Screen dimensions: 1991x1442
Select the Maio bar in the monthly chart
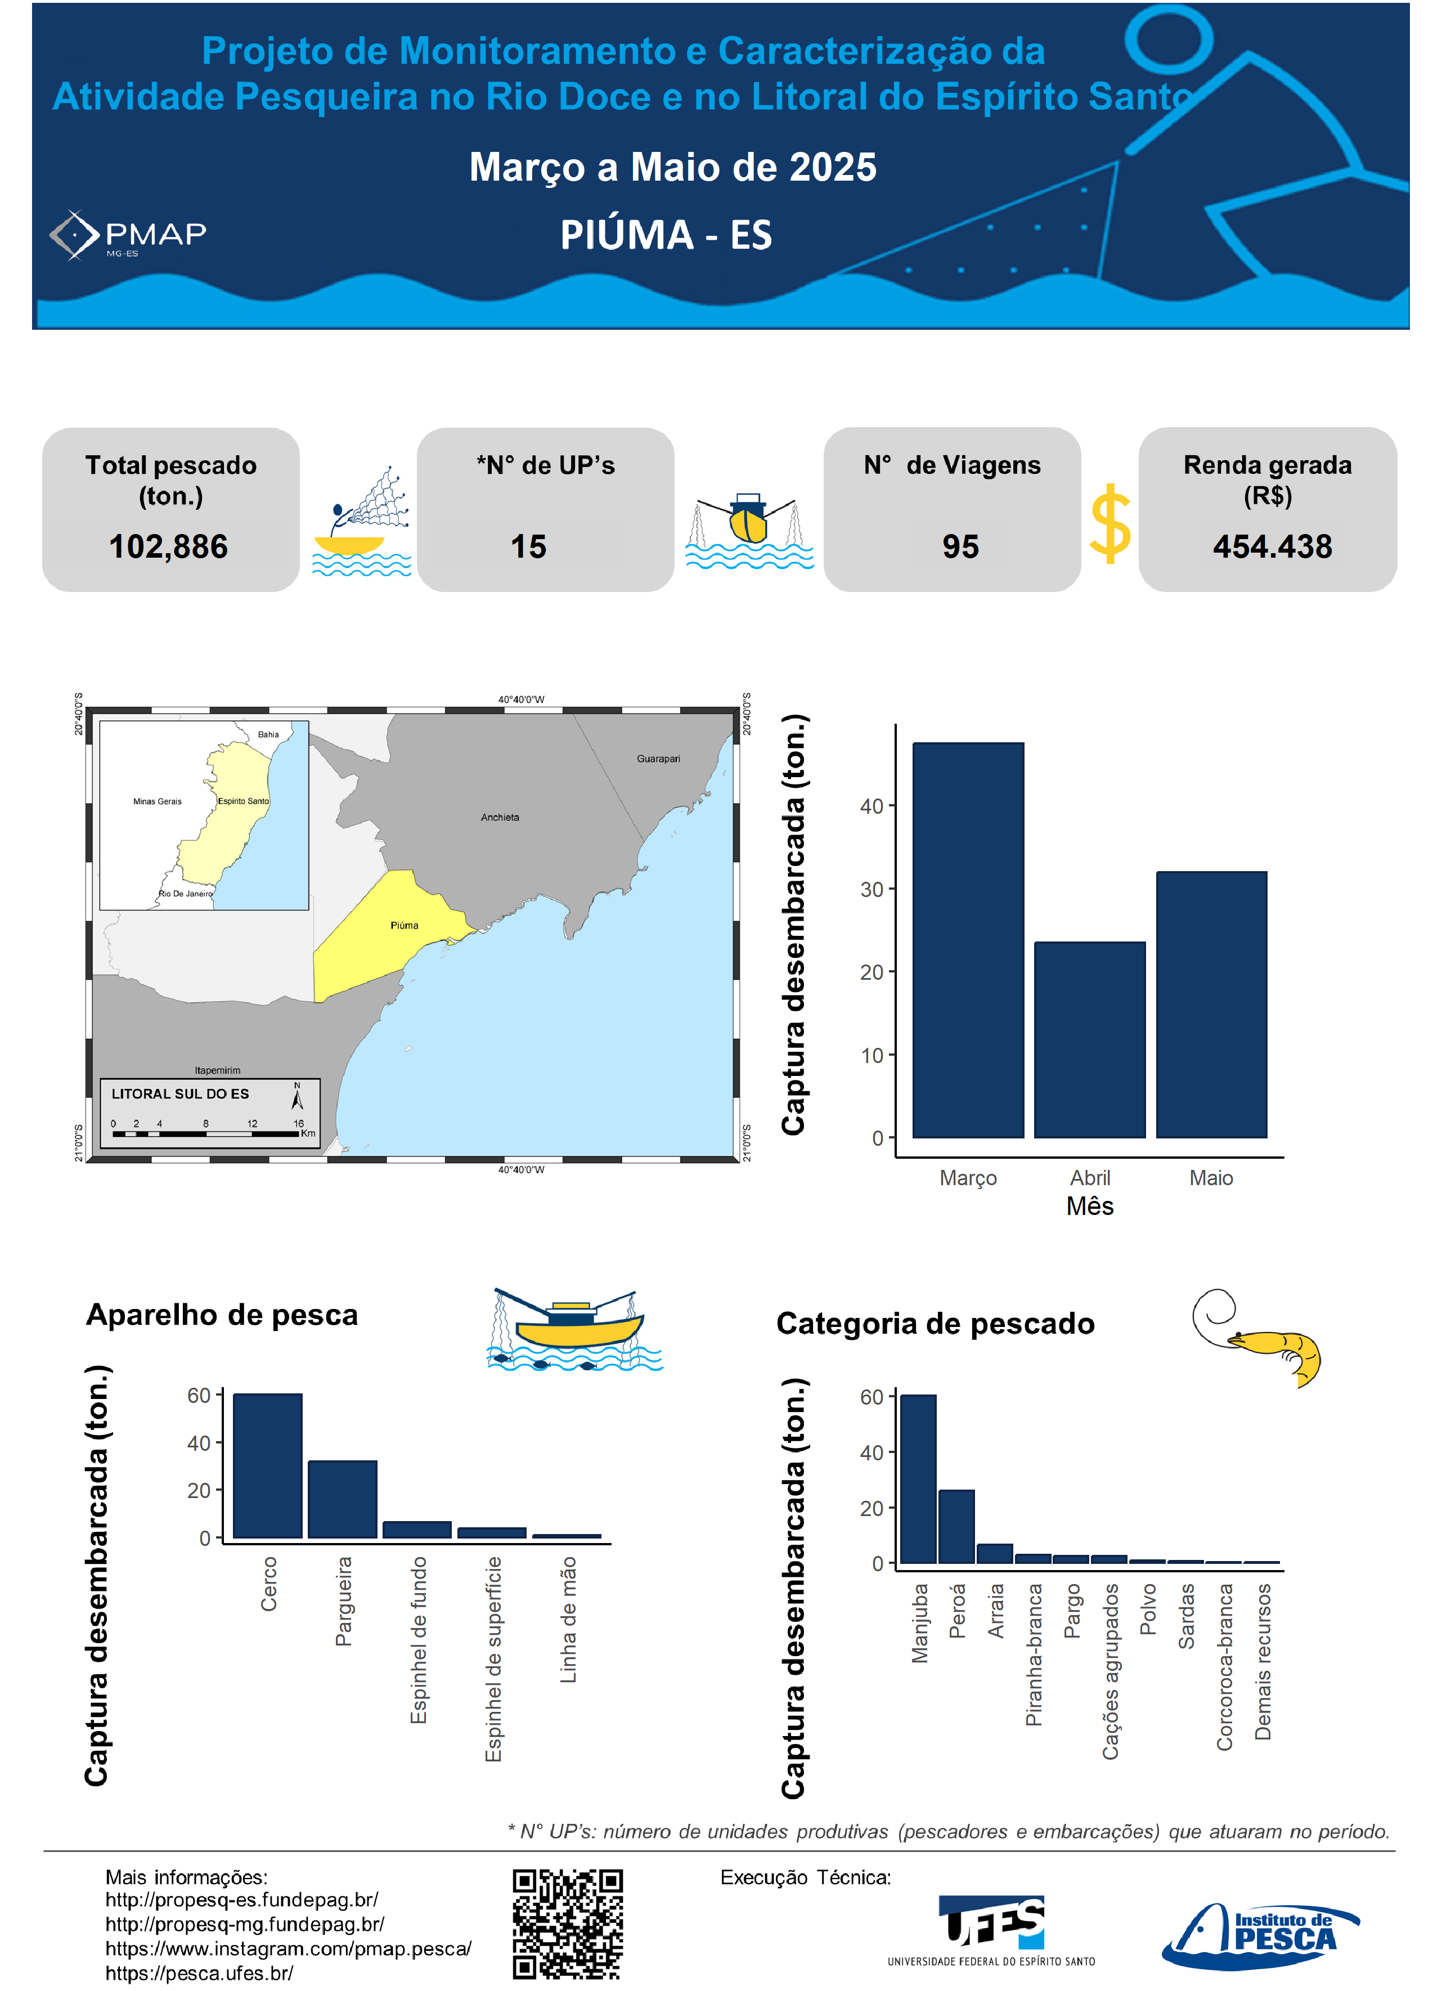click(x=1211, y=1005)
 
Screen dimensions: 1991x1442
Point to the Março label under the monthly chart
click(x=968, y=1177)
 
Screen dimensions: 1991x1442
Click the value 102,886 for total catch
click(x=169, y=547)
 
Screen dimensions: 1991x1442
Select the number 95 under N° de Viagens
click(x=960, y=547)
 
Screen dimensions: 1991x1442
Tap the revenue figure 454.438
click(x=1272, y=547)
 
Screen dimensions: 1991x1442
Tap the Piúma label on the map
click(x=405, y=925)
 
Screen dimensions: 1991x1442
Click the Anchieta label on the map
click(x=500, y=817)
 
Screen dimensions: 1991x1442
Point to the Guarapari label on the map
click(x=658, y=759)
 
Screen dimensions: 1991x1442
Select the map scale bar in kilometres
click(x=206, y=1133)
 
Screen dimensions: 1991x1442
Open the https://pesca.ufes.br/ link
click(x=199, y=1972)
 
